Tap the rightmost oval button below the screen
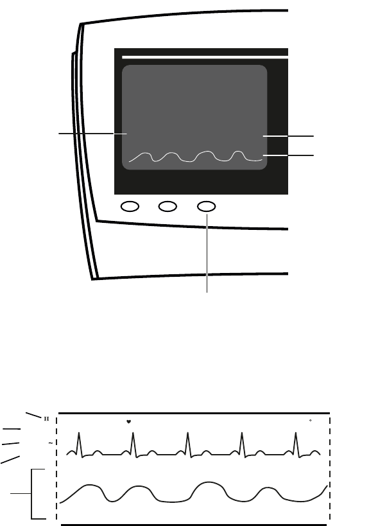pyautogui.click(x=206, y=207)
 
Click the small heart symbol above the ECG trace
pyautogui.click(x=128, y=422)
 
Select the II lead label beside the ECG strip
pyautogui.click(x=46, y=419)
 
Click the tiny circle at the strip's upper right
pyautogui.click(x=311, y=421)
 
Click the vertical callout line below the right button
pyautogui.click(x=207, y=257)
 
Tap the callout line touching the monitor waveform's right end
pyautogui.click(x=289, y=155)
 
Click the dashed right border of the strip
pyautogui.click(x=330, y=469)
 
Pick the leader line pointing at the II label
pyautogui.click(x=33, y=412)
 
